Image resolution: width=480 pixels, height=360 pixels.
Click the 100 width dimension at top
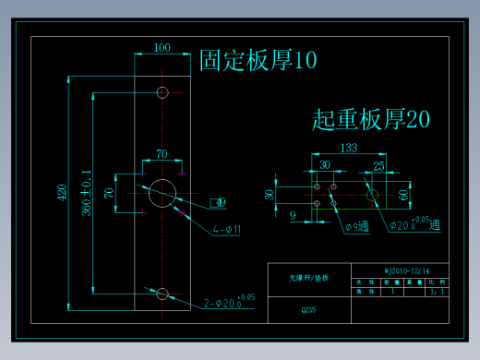point(162,47)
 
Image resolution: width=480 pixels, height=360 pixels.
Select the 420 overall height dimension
point(62,192)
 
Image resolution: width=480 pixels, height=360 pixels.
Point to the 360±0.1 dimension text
point(87,192)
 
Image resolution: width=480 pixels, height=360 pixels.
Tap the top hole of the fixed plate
point(162,91)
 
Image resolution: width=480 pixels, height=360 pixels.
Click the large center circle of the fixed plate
point(162,192)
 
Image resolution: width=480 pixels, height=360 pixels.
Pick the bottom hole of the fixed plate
point(162,294)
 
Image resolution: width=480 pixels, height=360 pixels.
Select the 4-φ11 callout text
point(225,228)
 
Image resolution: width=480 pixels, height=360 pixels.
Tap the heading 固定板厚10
point(258,61)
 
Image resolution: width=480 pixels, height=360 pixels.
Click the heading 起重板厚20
point(371,119)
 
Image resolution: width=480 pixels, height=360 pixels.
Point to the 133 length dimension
point(348,148)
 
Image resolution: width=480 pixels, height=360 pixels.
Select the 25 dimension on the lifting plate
point(378,166)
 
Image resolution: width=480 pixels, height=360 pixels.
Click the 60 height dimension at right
point(403,195)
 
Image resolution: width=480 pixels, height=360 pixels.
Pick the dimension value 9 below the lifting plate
point(293,215)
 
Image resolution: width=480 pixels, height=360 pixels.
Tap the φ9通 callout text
point(355,226)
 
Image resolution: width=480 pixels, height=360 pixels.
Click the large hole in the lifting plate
point(371,195)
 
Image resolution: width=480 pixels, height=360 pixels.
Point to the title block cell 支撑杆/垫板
point(309,277)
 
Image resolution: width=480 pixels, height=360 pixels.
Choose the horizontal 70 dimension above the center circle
point(162,154)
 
